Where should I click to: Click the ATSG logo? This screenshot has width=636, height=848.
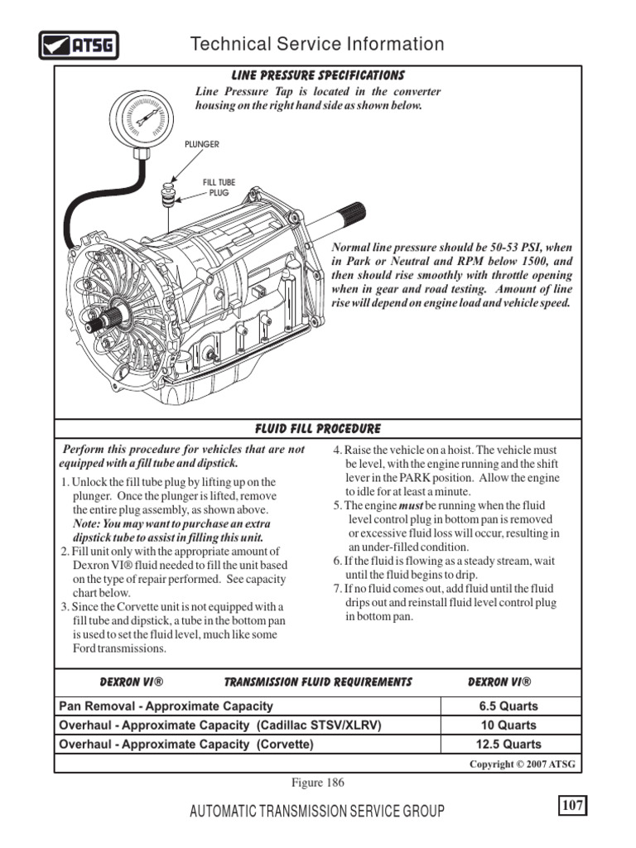[79, 45]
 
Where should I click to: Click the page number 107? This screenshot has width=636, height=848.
[572, 805]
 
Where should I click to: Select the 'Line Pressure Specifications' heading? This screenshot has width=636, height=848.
[317, 75]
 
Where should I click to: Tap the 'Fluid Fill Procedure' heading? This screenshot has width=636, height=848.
[317, 429]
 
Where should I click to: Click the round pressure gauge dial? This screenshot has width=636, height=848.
[142, 119]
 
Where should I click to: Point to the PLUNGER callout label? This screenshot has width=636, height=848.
[202, 144]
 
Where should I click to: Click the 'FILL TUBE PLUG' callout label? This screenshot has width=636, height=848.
[219, 187]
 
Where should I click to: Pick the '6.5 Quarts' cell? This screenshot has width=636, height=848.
[508, 706]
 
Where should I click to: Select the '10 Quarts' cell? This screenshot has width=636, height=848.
[508, 725]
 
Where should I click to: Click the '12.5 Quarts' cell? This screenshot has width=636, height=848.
[508, 744]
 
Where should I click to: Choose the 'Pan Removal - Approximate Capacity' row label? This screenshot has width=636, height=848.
[166, 706]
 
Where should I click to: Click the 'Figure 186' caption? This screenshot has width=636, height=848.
[317, 782]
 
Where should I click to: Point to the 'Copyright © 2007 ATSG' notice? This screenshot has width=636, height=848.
[522, 764]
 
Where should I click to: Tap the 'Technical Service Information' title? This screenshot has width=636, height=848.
[317, 44]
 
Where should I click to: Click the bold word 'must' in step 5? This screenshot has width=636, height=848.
[411, 506]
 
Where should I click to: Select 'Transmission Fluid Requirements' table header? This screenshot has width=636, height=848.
[318, 682]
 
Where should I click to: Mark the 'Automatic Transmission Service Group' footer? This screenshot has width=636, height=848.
[317, 811]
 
